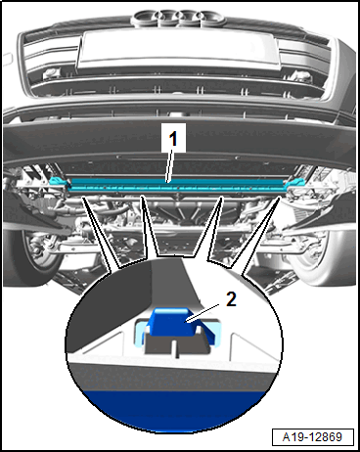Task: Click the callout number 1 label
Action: (x=173, y=138)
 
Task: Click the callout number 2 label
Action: (x=231, y=299)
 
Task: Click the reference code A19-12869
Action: (x=312, y=436)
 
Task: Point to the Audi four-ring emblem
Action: (x=179, y=19)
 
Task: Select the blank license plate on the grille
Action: (x=178, y=50)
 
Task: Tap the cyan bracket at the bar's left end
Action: (x=59, y=181)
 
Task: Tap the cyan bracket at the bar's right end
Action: (x=295, y=183)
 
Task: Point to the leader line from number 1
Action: (x=170, y=164)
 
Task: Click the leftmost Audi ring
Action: (x=145, y=17)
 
